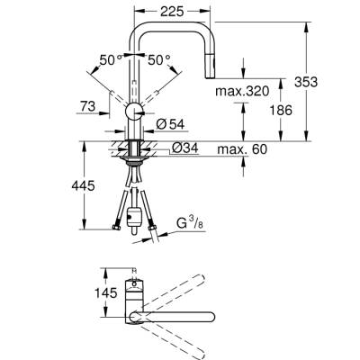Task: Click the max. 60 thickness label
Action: (256, 148)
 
